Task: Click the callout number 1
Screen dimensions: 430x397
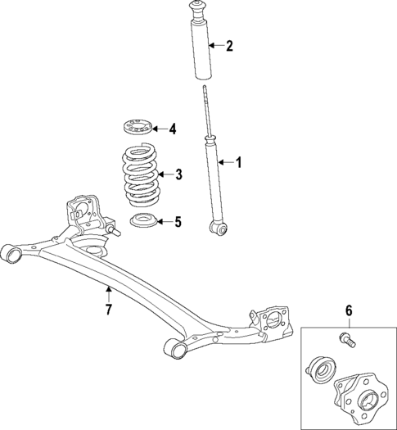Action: [x=239, y=163]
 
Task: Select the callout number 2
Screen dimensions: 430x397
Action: [x=229, y=46]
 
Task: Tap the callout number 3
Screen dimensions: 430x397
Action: [x=179, y=174]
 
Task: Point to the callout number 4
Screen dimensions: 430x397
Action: [x=173, y=129]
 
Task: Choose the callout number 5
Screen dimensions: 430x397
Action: [x=178, y=221]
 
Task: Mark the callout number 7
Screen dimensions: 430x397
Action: [x=107, y=310]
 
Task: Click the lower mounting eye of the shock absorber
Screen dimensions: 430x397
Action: [x=217, y=227]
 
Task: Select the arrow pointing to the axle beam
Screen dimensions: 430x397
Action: [x=107, y=292]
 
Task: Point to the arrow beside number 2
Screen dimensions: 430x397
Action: [x=214, y=46]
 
